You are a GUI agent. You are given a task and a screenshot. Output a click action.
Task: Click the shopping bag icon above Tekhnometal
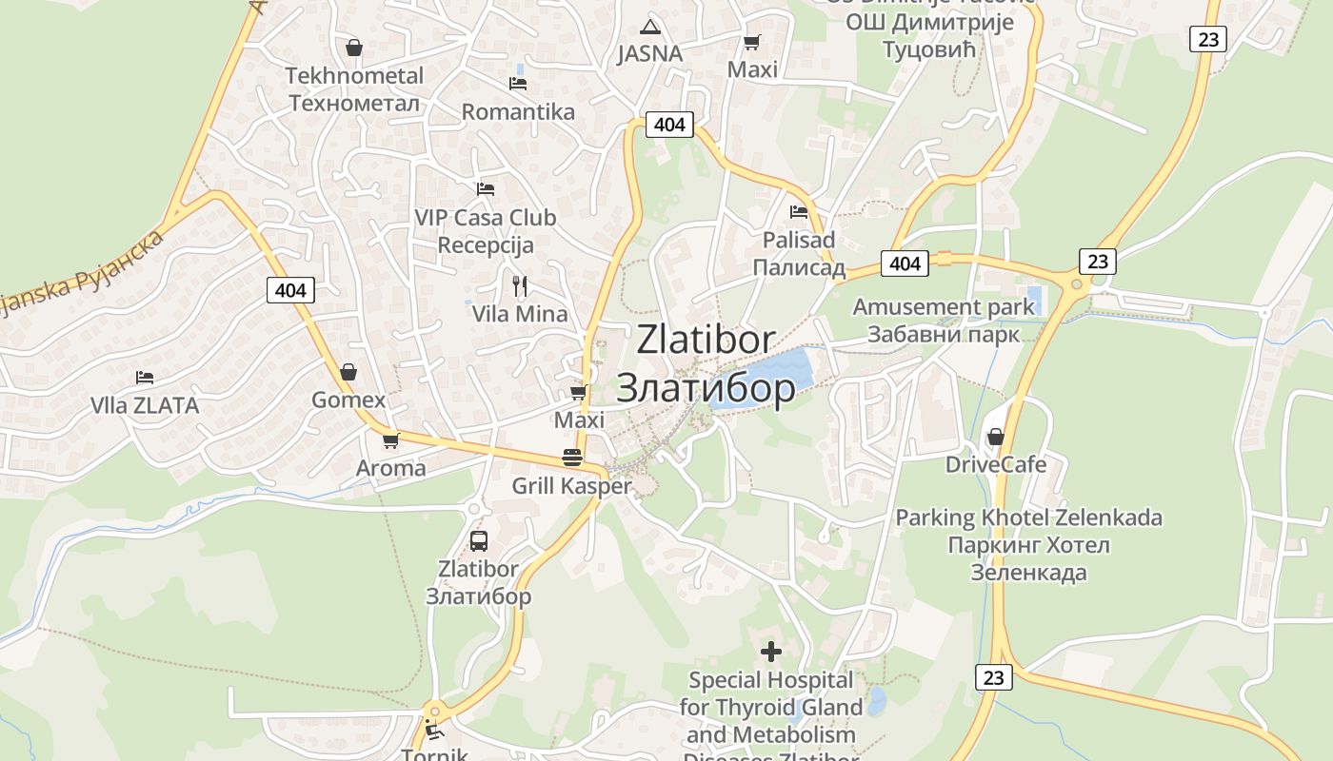coord(354,48)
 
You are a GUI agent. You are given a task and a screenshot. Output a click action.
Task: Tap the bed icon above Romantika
coord(518,84)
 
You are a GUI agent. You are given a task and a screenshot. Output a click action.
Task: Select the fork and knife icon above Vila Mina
coord(519,285)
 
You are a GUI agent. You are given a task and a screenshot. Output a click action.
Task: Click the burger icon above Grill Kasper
coord(572,457)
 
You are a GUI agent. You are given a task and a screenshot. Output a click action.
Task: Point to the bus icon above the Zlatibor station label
coord(479,541)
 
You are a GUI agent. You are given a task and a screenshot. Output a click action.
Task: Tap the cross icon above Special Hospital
coord(771,652)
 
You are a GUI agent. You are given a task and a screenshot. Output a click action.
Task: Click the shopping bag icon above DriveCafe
coord(995,437)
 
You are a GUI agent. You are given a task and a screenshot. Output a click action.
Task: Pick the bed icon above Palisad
coord(799,212)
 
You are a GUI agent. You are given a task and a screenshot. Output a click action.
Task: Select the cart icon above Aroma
coord(390,440)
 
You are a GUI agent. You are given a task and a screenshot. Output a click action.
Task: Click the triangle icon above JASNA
coord(650,26)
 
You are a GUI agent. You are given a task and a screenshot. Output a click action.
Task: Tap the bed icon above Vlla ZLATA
coord(145,378)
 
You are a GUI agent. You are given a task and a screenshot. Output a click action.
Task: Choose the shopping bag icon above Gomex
coord(348,372)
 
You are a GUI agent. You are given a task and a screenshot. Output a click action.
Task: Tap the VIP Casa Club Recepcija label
coord(486,231)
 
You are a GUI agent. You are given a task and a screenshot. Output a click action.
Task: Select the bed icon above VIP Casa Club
coord(486,188)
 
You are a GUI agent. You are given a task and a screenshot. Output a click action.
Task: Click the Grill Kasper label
coord(571,486)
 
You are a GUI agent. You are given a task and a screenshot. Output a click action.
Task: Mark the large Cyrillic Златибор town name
coord(706,387)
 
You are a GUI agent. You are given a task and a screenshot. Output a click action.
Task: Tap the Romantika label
coord(518,112)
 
